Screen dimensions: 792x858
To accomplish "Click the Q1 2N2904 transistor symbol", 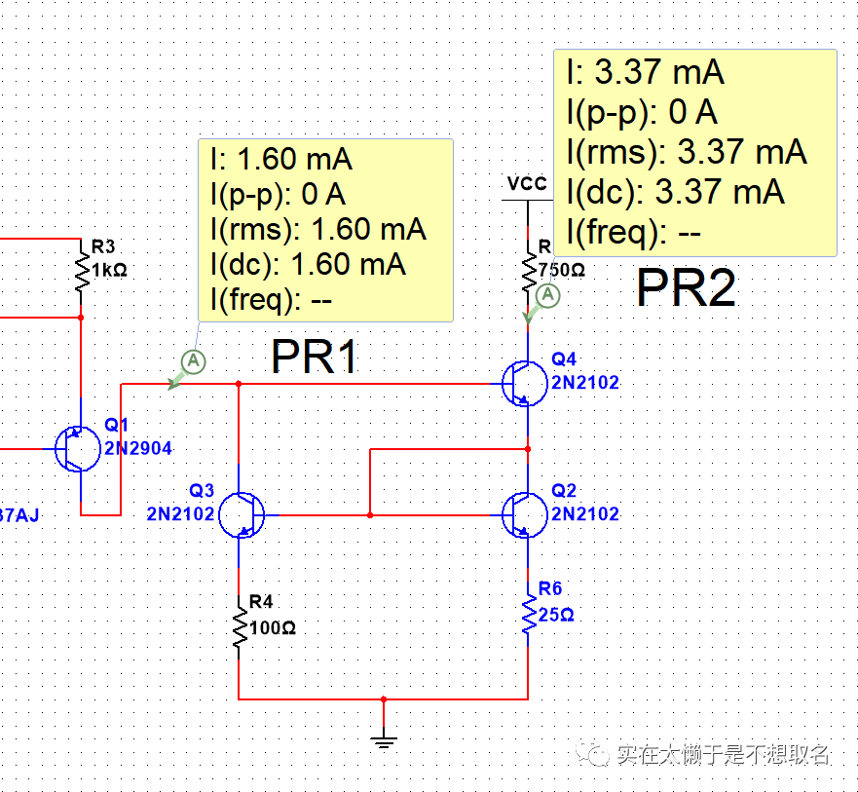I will (x=78, y=449).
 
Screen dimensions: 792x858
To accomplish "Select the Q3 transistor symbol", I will (x=241, y=513).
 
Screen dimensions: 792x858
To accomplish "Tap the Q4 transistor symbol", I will (x=524, y=383).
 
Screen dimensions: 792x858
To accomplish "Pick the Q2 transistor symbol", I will (x=524, y=513).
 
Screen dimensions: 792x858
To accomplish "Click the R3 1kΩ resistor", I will (x=80, y=267).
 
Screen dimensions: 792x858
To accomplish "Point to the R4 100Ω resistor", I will (x=240, y=628).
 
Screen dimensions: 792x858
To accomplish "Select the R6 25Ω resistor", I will (x=528, y=616).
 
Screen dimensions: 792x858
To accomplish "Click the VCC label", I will (x=527, y=184).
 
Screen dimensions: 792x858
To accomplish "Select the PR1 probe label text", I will (x=315, y=358).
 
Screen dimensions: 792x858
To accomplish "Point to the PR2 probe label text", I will (x=686, y=289).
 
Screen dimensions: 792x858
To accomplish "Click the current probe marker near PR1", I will (x=193, y=362).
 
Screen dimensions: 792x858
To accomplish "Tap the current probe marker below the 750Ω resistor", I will (x=548, y=294).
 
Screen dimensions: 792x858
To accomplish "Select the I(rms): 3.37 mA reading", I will (x=687, y=152).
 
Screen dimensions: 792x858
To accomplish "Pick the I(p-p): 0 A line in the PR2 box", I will (x=642, y=113).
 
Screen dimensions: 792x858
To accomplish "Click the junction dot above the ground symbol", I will (x=385, y=698).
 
